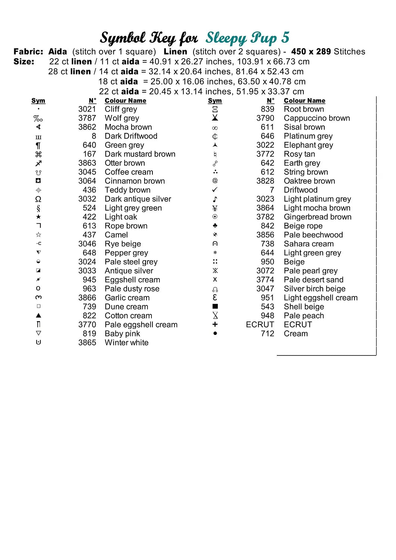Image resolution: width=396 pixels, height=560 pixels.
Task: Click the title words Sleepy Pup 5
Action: click(247, 38)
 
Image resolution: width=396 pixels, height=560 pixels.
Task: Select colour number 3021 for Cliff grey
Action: click(87, 109)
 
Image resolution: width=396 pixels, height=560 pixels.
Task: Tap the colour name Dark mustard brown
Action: click(140, 154)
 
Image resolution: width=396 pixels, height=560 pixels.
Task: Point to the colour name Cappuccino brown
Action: click(317, 118)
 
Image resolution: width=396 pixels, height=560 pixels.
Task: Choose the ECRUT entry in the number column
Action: click(260, 324)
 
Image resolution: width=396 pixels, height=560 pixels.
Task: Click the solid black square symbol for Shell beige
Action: click(215, 307)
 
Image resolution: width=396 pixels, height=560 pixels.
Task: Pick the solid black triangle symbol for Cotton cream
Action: click(38, 315)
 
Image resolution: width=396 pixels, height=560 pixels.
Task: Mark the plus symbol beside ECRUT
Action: click(215, 324)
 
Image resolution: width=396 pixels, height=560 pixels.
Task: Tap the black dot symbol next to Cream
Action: click(215, 333)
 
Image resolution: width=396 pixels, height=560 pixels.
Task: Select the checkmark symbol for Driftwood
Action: click(215, 190)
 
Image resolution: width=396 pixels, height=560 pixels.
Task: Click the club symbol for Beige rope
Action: click(215, 225)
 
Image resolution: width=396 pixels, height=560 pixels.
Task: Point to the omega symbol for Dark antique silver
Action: click(38, 199)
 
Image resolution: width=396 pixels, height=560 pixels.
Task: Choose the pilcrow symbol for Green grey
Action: click(38, 145)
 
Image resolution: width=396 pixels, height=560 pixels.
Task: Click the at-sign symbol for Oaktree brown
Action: click(215, 181)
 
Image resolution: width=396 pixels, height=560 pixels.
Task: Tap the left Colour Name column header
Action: click(125, 100)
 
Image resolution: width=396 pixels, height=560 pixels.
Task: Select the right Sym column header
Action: click(215, 100)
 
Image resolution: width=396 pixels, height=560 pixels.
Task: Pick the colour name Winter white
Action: click(126, 342)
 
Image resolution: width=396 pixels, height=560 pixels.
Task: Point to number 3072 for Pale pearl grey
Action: click(265, 271)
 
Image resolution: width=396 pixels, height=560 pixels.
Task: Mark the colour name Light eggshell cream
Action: click(321, 298)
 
